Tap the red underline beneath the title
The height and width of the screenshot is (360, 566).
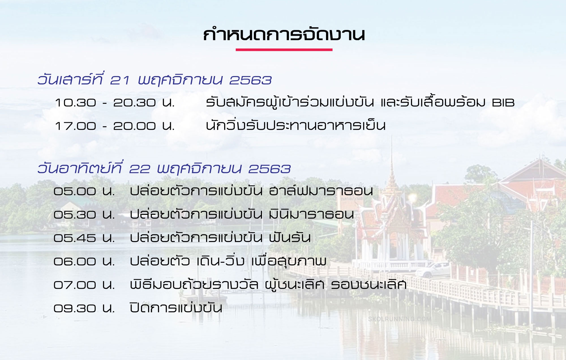(x=284, y=50)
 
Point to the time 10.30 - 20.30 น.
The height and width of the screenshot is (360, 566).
(x=115, y=103)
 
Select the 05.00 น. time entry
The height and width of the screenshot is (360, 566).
(x=84, y=191)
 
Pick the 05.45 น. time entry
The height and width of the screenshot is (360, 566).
(x=84, y=238)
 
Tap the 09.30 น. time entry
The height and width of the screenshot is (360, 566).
(x=84, y=308)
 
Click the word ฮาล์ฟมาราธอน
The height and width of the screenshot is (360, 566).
(x=321, y=190)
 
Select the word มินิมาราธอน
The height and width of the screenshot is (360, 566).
(x=311, y=214)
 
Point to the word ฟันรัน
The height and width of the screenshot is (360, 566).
(x=290, y=237)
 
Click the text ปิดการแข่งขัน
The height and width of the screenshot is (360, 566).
(x=176, y=307)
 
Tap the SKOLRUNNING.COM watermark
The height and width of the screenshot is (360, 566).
(x=400, y=319)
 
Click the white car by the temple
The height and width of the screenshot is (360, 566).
(x=432, y=270)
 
